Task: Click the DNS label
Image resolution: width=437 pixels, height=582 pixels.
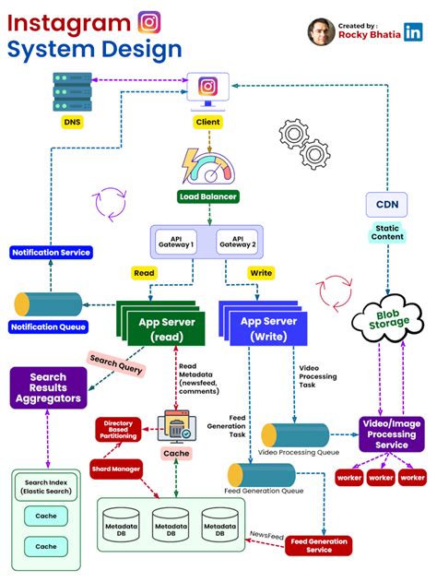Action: (71, 122)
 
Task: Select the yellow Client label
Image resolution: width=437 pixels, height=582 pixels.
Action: (208, 122)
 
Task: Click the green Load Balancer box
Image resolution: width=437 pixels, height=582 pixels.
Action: (208, 196)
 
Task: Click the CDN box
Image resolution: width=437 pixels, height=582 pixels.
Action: (386, 205)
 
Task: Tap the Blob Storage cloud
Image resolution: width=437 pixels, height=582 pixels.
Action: (387, 321)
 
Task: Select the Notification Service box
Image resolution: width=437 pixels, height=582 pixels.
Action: (48, 252)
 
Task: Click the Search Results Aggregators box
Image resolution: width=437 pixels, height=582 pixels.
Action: (48, 388)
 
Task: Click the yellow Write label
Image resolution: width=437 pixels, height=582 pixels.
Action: (262, 273)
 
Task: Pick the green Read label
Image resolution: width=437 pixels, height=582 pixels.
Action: (144, 273)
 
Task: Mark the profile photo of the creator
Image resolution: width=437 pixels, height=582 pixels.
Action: (321, 31)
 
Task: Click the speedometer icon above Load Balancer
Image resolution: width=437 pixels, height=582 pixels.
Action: (208, 166)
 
